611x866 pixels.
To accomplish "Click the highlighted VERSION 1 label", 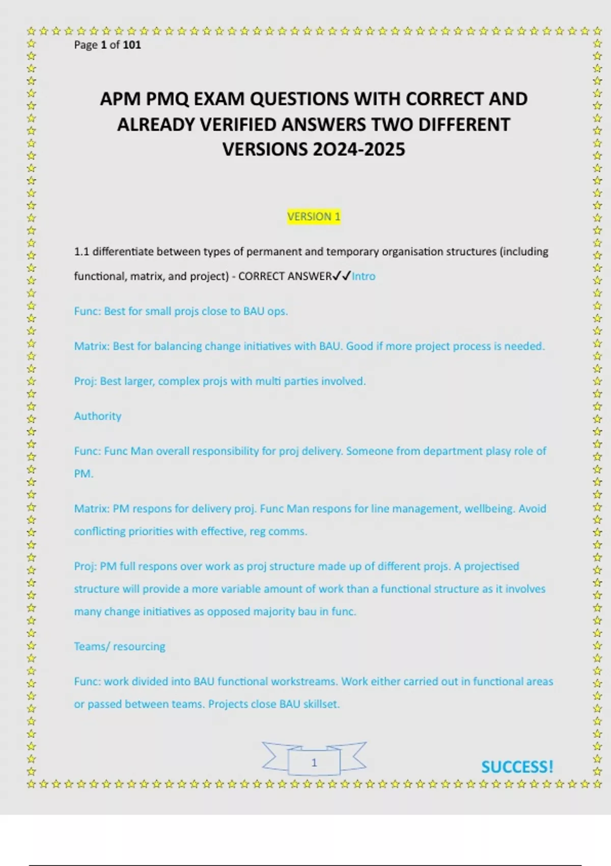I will click(314, 216).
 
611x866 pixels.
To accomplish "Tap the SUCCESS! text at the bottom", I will click(517, 767).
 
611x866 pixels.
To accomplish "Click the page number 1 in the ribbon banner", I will click(314, 763).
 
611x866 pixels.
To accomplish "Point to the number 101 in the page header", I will click(132, 45).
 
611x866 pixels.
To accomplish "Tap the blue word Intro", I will click(364, 276).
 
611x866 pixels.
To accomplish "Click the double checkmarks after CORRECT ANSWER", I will click(341, 276).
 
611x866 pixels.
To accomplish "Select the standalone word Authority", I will click(98, 416).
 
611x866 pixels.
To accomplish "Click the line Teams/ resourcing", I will click(120, 646).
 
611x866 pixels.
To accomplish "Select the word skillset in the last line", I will click(321, 704).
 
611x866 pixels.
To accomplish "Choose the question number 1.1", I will click(81, 252).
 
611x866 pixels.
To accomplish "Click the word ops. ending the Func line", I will click(277, 311).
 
